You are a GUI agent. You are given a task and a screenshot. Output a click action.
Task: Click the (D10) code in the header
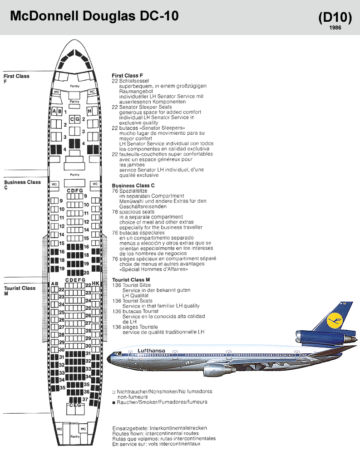(x=335, y=17)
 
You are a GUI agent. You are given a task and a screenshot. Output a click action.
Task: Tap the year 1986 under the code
(x=335, y=28)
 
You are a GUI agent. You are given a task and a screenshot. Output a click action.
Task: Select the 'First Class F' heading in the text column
(x=128, y=75)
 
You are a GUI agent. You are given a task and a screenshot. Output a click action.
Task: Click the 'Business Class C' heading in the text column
(x=133, y=186)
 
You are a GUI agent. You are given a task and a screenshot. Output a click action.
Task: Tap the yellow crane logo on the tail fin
(x=336, y=319)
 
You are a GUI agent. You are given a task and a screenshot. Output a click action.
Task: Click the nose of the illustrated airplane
(x=109, y=359)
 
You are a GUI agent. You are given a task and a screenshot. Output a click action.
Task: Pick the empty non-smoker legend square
(x=113, y=391)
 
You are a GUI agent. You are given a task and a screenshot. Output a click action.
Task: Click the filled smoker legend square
(x=113, y=402)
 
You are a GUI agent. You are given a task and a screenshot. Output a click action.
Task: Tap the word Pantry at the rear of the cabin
(x=74, y=436)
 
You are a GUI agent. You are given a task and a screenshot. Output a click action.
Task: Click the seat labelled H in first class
(x=90, y=111)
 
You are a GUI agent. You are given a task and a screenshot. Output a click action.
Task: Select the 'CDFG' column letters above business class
(x=75, y=191)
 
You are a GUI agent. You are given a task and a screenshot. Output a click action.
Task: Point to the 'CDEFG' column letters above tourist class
(x=75, y=280)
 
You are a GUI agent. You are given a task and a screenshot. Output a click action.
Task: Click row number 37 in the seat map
(x=85, y=399)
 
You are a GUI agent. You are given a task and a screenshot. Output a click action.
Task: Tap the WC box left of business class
(x=54, y=184)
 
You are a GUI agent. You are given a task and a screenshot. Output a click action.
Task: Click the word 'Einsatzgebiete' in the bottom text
(x=128, y=428)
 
